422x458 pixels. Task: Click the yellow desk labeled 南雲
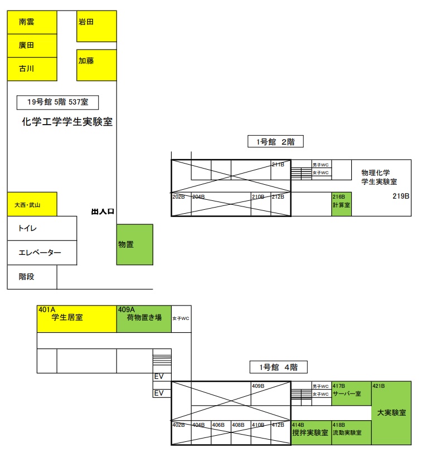[x=32, y=22]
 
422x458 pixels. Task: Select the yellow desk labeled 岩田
[x=96, y=26]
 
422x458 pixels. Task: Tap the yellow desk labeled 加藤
[x=96, y=65]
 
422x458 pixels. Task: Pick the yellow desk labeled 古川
[x=32, y=69]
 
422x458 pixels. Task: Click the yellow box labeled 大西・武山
[x=32, y=204]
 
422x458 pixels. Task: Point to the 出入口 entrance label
[x=103, y=211]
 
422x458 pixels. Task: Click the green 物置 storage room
[x=134, y=244]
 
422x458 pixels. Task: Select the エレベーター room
[x=42, y=253]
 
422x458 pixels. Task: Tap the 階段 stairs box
[x=32, y=277]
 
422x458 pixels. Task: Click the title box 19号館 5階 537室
[x=57, y=102]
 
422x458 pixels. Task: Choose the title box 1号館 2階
[x=275, y=142]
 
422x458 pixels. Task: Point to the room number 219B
[x=401, y=196]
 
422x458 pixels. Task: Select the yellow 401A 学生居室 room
[x=76, y=319]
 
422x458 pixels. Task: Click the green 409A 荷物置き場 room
[x=143, y=319]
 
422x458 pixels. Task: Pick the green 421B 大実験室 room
[x=391, y=412]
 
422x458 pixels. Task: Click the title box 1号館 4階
[x=278, y=367]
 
